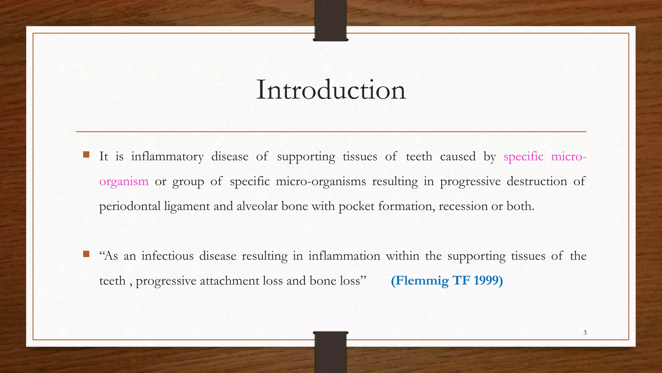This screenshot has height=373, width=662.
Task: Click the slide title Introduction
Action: [331, 90]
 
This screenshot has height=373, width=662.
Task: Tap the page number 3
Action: [585, 333]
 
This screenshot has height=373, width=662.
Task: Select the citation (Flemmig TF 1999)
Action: [447, 280]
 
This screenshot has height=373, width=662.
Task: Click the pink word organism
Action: [124, 182]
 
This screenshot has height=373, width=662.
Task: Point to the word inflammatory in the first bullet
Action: [167, 157]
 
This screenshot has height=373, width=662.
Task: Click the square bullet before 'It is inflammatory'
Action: [86, 154]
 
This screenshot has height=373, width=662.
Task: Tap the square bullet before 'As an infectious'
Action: [86, 254]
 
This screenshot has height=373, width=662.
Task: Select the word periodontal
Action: [130, 207]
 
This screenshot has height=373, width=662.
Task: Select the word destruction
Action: [537, 181]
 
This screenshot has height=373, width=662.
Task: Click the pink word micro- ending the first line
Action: [569, 157]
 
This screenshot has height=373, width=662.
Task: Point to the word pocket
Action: [357, 207]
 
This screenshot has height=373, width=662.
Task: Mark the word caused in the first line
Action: [458, 157]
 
